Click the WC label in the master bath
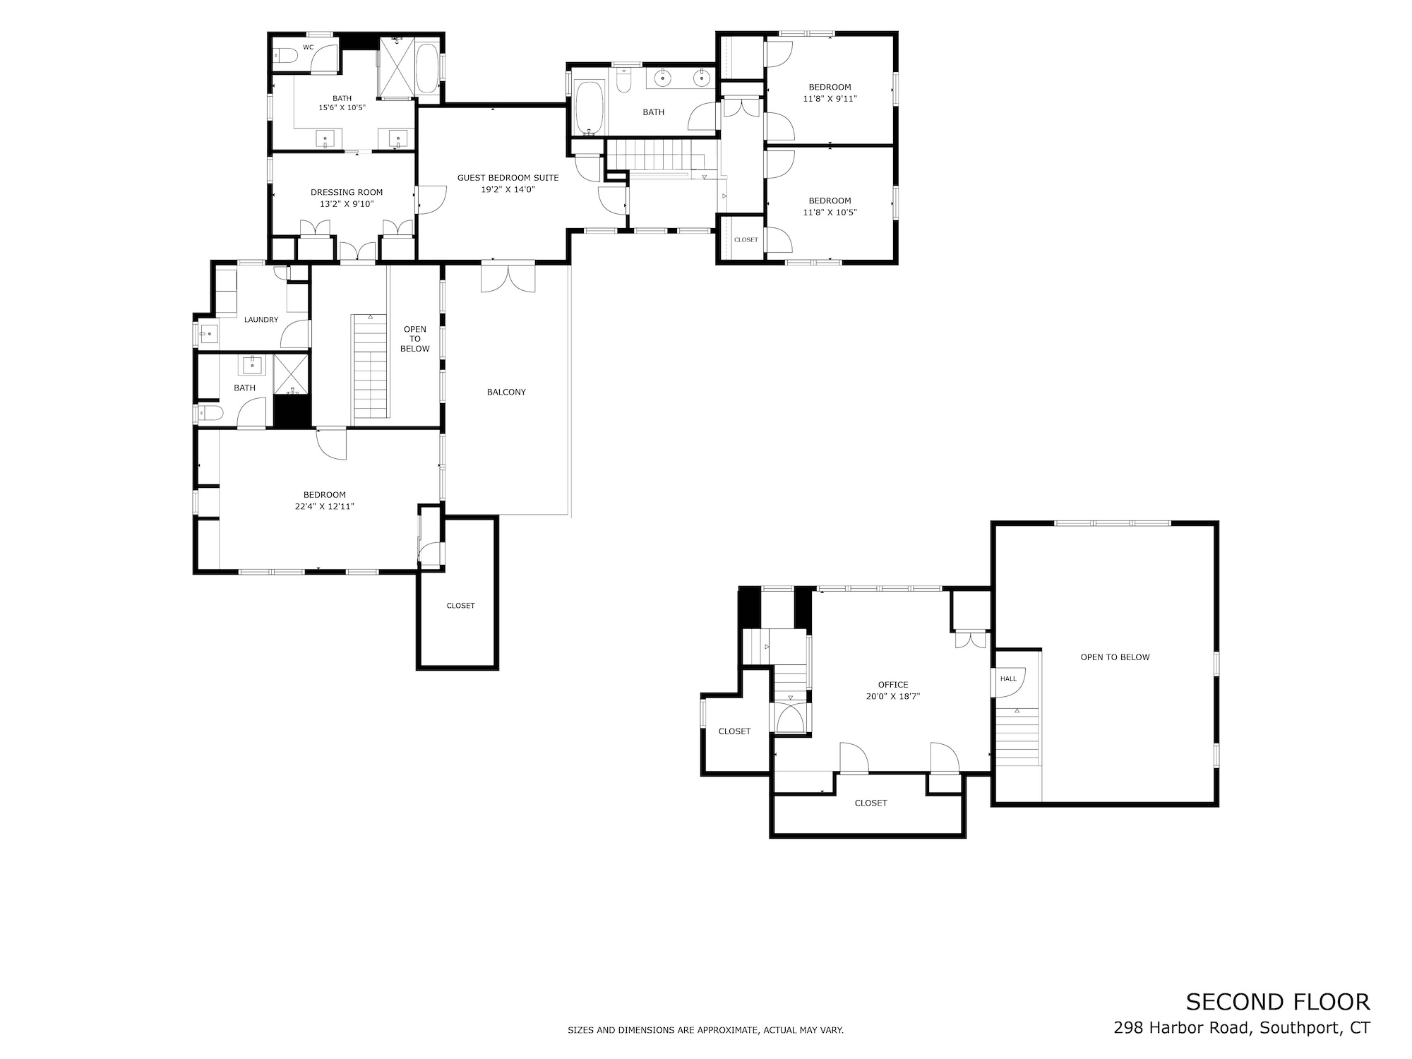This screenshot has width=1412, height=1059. (308, 47)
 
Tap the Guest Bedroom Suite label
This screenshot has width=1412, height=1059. (508, 178)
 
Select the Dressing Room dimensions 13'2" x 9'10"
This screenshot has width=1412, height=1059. (347, 204)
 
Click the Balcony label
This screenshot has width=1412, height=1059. (506, 392)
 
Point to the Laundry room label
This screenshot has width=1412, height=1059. (261, 320)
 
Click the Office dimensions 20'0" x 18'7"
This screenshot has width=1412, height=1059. (893, 696)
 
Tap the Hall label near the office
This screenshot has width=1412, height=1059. (1008, 678)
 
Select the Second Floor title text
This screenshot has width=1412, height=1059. (1278, 1002)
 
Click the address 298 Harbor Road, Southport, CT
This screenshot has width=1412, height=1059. (1242, 1028)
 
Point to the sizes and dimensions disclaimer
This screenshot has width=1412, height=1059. (706, 1031)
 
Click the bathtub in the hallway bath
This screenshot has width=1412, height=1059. (590, 107)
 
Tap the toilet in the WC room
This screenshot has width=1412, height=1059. (287, 55)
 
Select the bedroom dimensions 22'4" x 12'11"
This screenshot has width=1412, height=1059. (325, 506)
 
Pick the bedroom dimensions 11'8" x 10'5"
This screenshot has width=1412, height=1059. (830, 213)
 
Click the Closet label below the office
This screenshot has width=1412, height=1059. (870, 803)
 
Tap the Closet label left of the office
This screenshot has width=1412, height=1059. (734, 731)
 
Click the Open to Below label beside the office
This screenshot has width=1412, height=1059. (1115, 657)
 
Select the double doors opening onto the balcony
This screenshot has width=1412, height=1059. (508, 277)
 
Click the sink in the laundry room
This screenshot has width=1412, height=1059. (208, 335)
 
